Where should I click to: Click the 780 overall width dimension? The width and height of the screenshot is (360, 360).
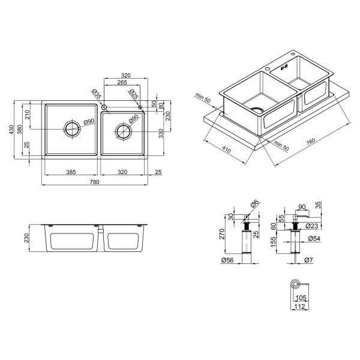coord(94,182)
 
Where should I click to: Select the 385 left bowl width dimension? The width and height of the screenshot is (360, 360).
coord(71,172)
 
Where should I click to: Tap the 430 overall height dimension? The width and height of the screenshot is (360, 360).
coord(11,130)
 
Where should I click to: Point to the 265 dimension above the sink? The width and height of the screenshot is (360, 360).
coord(122,82)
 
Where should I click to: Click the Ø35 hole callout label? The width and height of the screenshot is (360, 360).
coord(97,94)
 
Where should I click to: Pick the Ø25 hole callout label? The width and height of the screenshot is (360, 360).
coord(134,94)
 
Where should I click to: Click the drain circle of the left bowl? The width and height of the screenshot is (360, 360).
coord(73,129)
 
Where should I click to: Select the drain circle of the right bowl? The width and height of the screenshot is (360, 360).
coord(124,131)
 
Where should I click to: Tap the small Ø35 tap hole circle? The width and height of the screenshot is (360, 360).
coord(104,107)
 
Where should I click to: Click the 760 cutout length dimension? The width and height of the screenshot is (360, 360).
coord(311,142)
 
